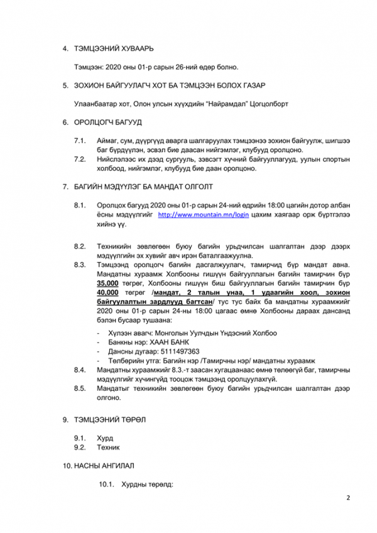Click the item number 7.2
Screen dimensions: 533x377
[x=79, y=159]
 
